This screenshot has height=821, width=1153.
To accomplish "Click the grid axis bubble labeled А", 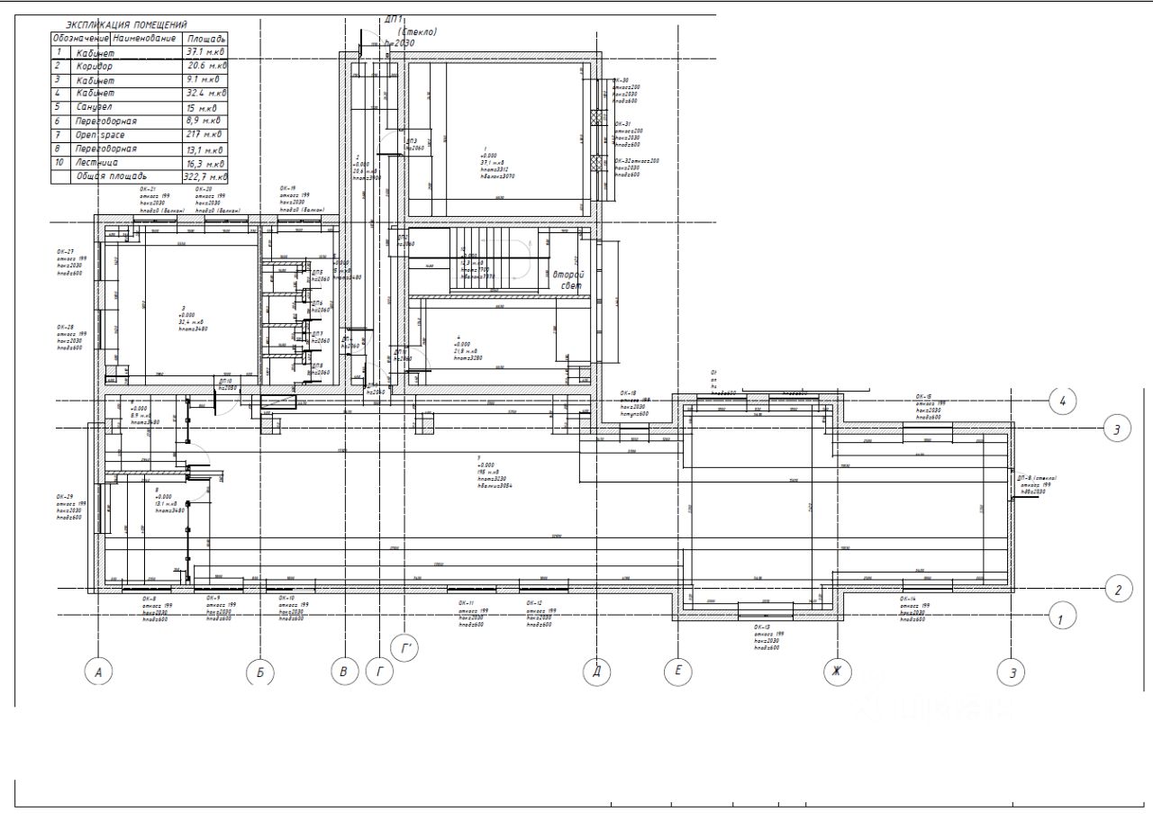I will click(x=99, y=672).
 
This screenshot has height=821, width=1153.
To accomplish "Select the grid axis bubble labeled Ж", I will click(x=837, y=671).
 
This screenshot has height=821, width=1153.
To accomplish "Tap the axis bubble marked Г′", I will click(x=405, y=646).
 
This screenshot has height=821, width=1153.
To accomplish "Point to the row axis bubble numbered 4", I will click(x=1064, y=401).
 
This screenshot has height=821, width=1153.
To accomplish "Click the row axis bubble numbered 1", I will click(x=1062, y=618).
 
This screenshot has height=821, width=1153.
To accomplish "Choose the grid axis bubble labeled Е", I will click(x=677, y=671).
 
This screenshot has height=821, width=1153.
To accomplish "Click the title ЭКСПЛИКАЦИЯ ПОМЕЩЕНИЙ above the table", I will click(x=133, y=25).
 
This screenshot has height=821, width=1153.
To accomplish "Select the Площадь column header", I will click(x=205, y=40).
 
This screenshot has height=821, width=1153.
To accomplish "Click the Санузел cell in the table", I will click(x=94, y=107).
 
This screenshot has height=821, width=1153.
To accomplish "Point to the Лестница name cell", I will click(x=95, y=164).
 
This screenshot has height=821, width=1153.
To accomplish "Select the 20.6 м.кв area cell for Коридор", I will click(x=205, y=66).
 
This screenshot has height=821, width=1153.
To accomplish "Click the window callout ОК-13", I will click(x=762, y=627).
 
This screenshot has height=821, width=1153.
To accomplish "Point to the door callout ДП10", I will click(x=225, y=382).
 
